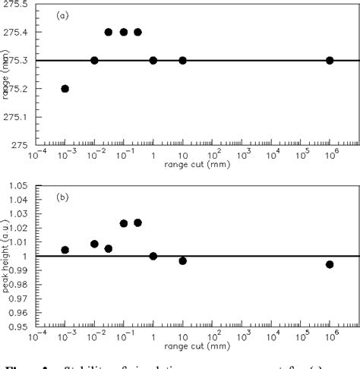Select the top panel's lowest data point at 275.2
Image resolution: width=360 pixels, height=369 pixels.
tap(65, 89)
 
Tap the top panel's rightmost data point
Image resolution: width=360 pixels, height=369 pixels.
tap(330, 60)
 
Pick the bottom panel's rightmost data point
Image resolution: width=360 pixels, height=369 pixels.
tap(330, 264)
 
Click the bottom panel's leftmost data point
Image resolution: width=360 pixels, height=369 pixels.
tap(65, 250)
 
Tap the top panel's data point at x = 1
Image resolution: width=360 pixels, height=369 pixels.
tap(153, 60)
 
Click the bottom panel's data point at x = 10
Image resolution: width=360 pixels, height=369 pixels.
tap(182, 260)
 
